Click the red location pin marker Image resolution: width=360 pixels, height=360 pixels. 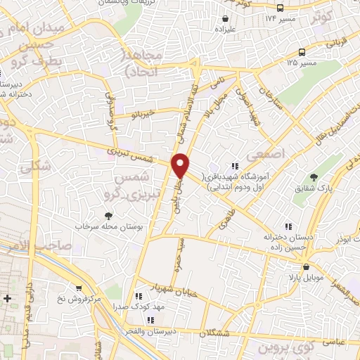pos(181,165)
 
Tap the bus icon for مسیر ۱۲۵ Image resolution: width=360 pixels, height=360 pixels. pos(302,52)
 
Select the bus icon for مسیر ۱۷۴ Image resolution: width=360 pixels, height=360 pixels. pos(280,8)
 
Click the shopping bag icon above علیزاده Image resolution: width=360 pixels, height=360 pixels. pos(225,19)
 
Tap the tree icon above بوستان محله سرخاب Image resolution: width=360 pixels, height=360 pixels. pos(108,216)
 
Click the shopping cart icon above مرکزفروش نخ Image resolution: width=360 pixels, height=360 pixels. pos(79,288)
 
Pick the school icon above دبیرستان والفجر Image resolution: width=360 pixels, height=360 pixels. pos(149,320)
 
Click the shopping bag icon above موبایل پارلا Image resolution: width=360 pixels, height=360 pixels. pos(306,267)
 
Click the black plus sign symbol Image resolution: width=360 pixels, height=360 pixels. pos(7,298)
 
